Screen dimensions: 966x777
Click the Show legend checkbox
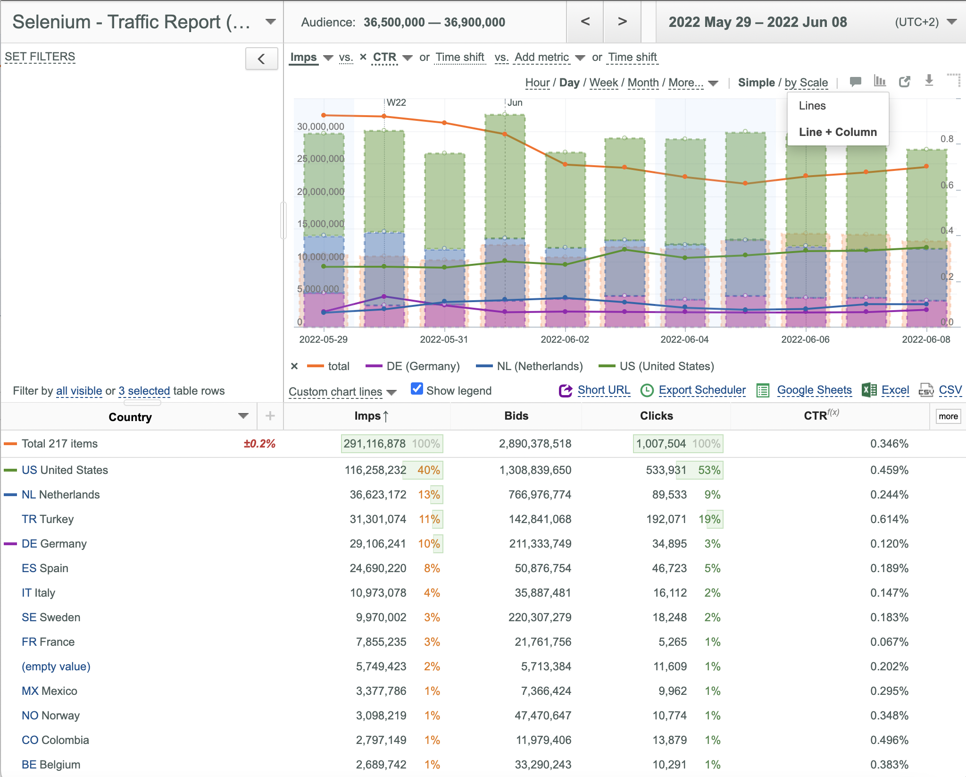click(417, 388)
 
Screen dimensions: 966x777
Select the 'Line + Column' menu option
click(838, 132)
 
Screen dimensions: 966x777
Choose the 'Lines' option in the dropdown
click(812, 106)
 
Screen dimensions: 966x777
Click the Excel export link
click(895, 390)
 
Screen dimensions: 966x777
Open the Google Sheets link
click(814, 390)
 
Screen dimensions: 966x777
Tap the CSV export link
click(950, 390)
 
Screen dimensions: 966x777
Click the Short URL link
click(604, 390)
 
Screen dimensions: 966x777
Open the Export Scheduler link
click(702, 390)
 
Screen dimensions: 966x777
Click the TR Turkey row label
click(48, 519)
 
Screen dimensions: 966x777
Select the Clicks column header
click(656, 416)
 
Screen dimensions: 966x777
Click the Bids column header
click(516, 416)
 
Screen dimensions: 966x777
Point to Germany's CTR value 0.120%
click(889, 544)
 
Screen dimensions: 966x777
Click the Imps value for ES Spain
click(378, 568)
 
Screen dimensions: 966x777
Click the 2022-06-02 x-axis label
click(565, 339)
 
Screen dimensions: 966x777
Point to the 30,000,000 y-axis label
click(321, 127)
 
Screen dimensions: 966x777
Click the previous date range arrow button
click(585, 22)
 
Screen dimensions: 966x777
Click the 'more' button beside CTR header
click(948, 416)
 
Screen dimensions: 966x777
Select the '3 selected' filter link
click(144, 391)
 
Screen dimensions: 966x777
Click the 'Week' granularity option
click(603, 83)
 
